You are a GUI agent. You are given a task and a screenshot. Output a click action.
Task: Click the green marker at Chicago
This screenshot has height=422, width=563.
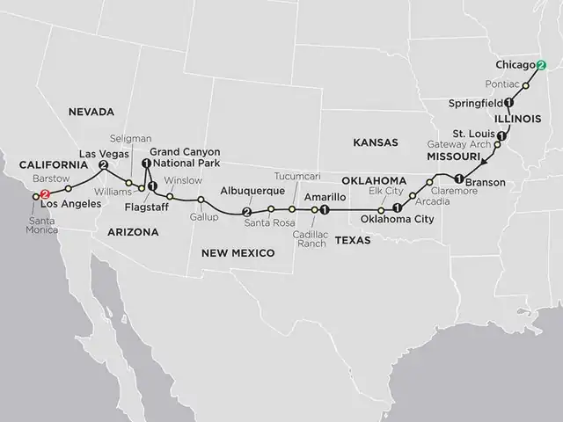pyautogui.click(x=541, y=65)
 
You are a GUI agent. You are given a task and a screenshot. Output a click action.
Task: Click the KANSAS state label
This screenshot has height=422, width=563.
pyautogui.click(x=375, y=142)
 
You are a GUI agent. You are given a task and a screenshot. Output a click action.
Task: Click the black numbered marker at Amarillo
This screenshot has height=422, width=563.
pyautogui.click(x=325, y=209)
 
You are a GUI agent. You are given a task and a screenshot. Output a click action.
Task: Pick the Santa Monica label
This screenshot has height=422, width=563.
pyautogui.click(x=40, y=225)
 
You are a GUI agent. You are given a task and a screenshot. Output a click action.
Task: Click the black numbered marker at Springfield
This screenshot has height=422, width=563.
pyautogui.click(x=508, y=102)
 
